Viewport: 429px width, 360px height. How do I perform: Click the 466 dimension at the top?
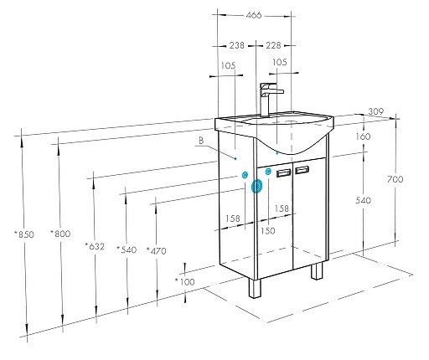pyautogui.click(x=254, y=15)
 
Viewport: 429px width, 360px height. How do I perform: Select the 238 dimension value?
pyautogui.click(x=237, y=45)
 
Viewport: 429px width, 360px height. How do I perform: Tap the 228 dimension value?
pyautogui.click(x=273, y=45)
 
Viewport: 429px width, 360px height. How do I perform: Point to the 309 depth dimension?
pyautogui.click(x=376, y=111)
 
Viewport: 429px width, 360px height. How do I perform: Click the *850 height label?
pyautogui.click(x=24, y=234)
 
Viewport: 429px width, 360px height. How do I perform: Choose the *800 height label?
pyautogui.click(x=60, y=234)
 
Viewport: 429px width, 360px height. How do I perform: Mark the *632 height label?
pyautogui.click(x=95, y=246)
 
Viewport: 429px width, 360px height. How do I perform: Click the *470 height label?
pyautogui.click(x=157, y=250)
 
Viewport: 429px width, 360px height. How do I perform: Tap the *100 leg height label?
pyautogui.click(x=185, y=281)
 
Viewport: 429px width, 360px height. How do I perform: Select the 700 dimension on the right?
pyautogui.click(x=395, y=179)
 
